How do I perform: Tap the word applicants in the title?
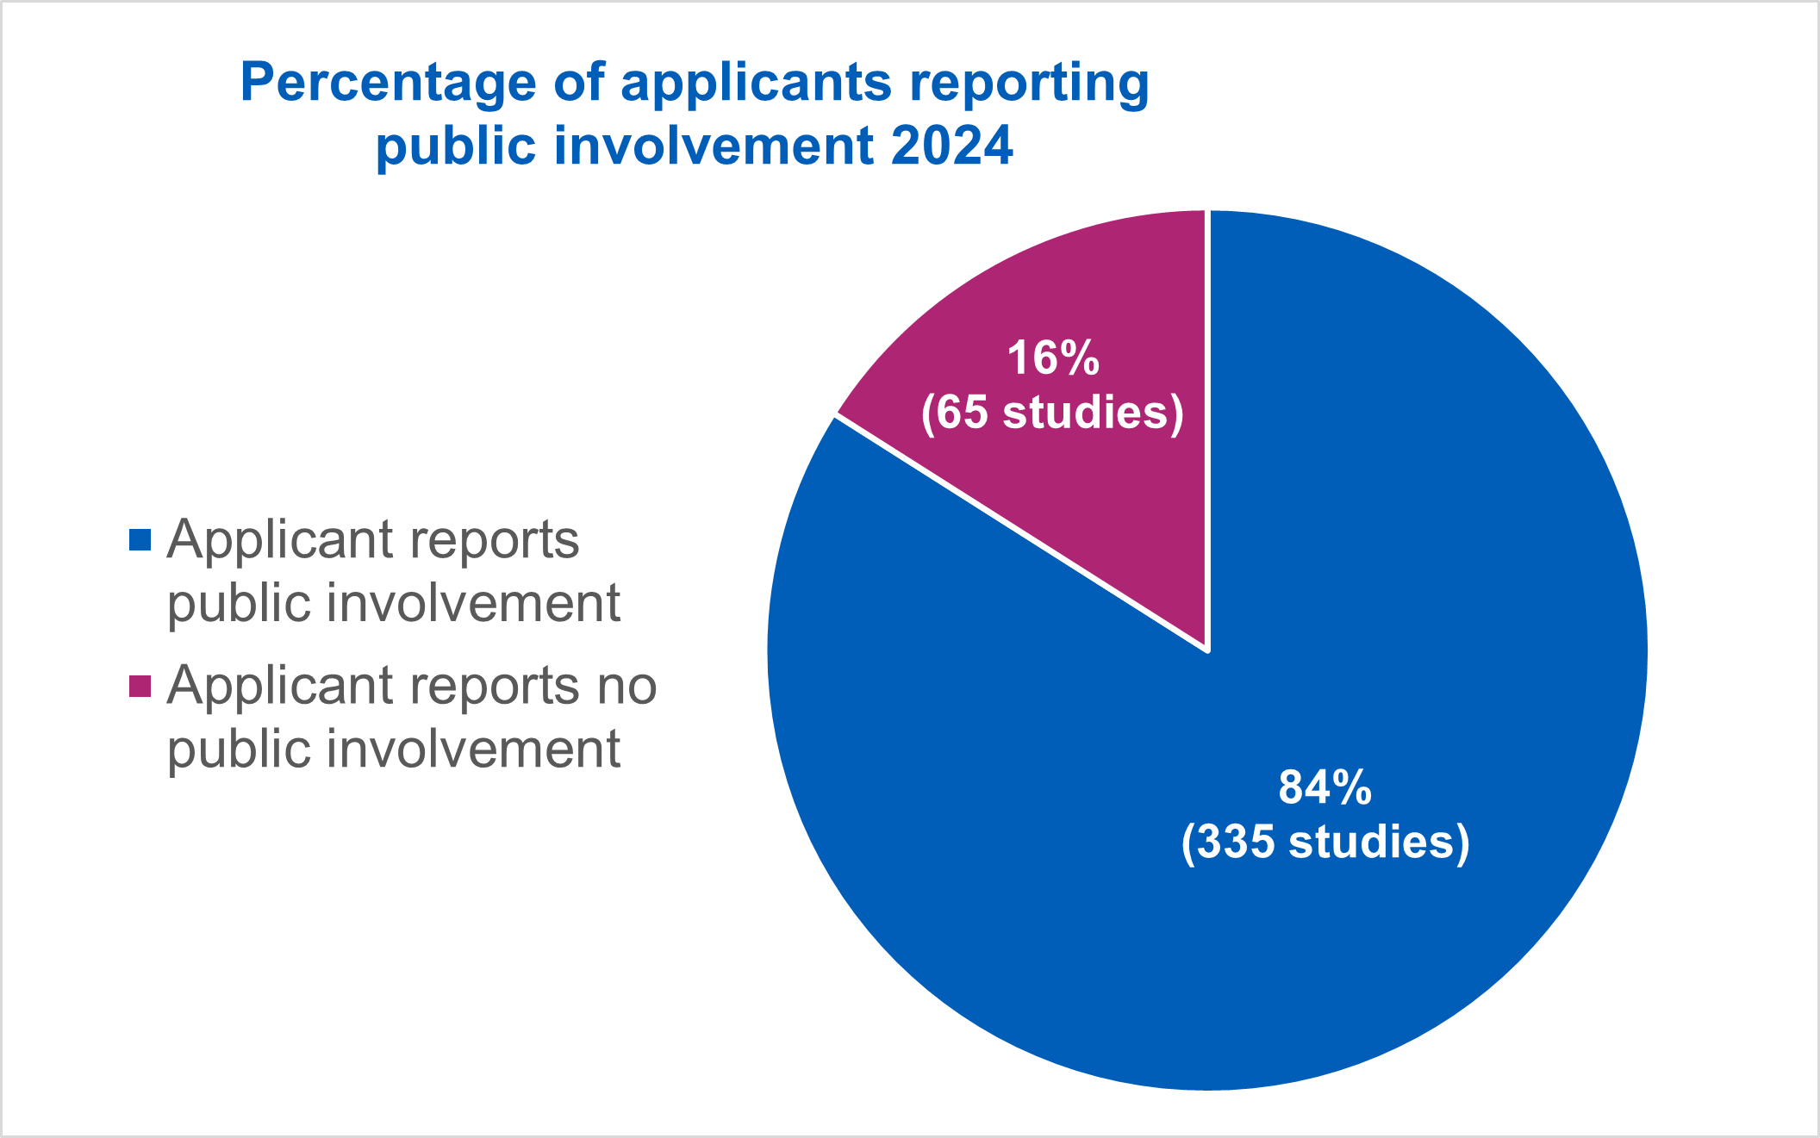point(756,84)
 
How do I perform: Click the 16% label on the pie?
point(1053,358)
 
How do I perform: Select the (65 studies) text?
point(1052,412)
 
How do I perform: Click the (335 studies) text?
point(1325,842)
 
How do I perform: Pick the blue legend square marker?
point(140,540)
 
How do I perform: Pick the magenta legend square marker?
point(140,686)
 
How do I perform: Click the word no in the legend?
point(630,686)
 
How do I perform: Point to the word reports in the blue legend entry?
point(494,541)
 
